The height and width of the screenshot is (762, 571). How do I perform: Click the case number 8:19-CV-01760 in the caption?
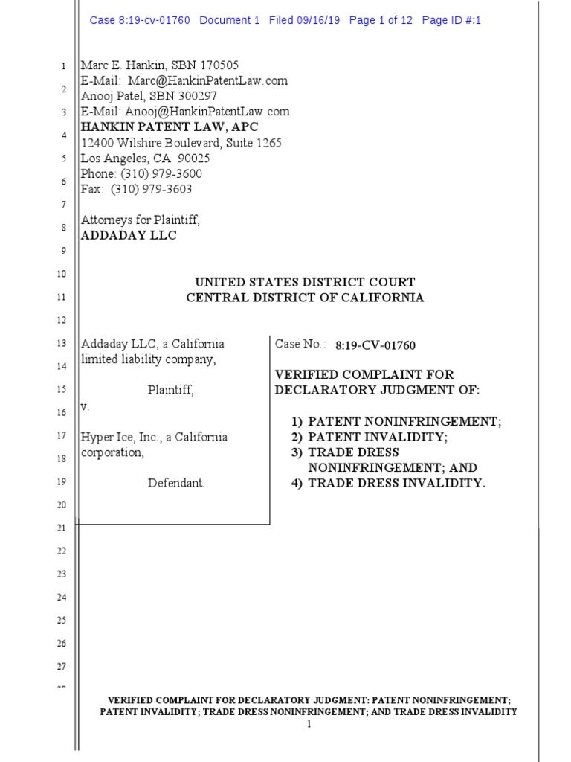tap(375, 345)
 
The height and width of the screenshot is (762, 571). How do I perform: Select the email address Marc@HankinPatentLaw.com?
tap(207, 80)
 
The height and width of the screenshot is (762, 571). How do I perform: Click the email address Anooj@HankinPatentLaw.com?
tap(209, 112)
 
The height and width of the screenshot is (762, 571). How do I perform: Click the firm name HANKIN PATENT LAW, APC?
tap(170, 127)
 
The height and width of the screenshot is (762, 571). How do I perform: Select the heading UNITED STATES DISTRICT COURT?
tap(305, 283)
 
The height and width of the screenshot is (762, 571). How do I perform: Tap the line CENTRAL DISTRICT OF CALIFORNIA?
tap(305, 298)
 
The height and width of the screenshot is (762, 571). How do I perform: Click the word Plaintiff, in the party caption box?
tap(171, 390)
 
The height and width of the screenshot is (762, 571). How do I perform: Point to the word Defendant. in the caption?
tap(175, 484)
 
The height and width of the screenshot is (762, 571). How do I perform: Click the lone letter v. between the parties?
tap(85, 407)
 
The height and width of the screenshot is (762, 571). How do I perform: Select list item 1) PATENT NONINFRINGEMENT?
tap(396, 422)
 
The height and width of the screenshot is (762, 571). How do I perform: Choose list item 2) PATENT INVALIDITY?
tap(380, 438)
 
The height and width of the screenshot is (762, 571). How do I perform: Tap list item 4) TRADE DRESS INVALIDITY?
tap(388, 484)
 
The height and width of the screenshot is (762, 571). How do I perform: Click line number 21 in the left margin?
tap(62, 528)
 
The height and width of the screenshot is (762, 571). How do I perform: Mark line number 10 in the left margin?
tap(62, 275)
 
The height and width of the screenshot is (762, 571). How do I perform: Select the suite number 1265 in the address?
tap(268, 143)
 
